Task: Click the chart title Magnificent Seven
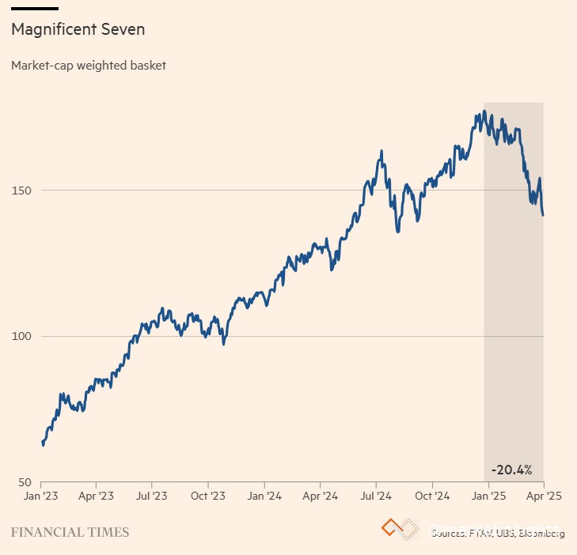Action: (x=78, y=30)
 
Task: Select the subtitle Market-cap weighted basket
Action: (x=89, y=66)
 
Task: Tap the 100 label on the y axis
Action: (x=21, y=337)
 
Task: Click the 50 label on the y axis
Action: (x=24, y=482)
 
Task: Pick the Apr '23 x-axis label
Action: (x=96, y=496)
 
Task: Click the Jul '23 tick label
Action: (x=151, y=496)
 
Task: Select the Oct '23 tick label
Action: (x=208, y=496)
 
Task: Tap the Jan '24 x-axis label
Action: (x=264, y=496)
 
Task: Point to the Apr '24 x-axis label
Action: (x=321, y=496)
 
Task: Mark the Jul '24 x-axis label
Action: (x=376, y=496)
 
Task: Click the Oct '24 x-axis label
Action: (x=432, y=496)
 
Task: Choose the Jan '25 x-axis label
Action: (x=489, y=496)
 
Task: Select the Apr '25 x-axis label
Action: (x=545, y=496)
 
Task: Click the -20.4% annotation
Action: (x=511, y=470)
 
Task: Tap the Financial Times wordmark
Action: (x=70, y=532)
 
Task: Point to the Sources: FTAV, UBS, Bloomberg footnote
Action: (x=497, y=534)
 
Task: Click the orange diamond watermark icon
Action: (x=392, y=527)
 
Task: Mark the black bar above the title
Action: (x=34, y=9)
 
